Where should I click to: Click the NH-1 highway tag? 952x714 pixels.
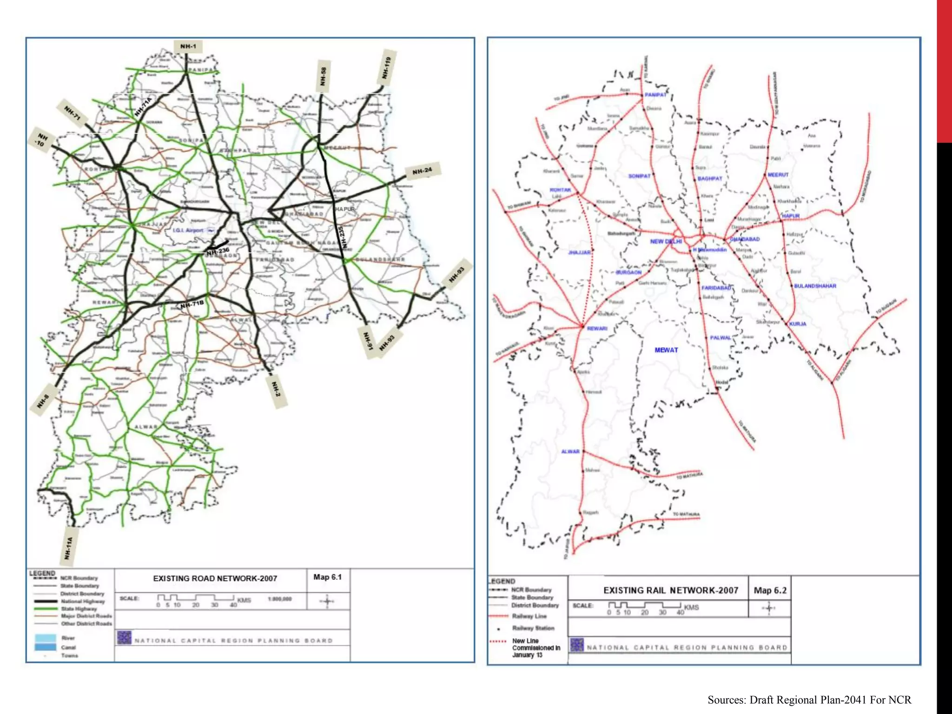(188, 46)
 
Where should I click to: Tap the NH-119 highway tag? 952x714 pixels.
(387, 68)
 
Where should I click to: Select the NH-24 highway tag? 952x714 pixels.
(422, 171)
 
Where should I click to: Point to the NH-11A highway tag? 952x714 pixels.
(69, 548)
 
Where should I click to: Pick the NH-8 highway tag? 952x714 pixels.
(43, 401)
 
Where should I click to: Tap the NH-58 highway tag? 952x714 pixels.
(323, 76)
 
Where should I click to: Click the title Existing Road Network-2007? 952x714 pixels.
(215, 579)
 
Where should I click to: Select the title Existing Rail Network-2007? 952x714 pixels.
(670, 590)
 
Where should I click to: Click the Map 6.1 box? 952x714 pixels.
(327, 577)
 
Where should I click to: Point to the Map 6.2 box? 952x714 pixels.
(770, 590)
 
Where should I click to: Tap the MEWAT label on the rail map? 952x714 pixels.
(666, 350)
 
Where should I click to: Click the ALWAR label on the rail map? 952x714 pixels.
(570, 451)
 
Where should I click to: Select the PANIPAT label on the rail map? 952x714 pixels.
(655, 95)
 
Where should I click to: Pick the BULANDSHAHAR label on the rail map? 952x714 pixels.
(815, 286)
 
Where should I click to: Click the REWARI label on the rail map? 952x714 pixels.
(597, 329)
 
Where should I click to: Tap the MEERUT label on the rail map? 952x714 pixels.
(778, 175)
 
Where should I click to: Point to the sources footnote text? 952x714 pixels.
(809, 700)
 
